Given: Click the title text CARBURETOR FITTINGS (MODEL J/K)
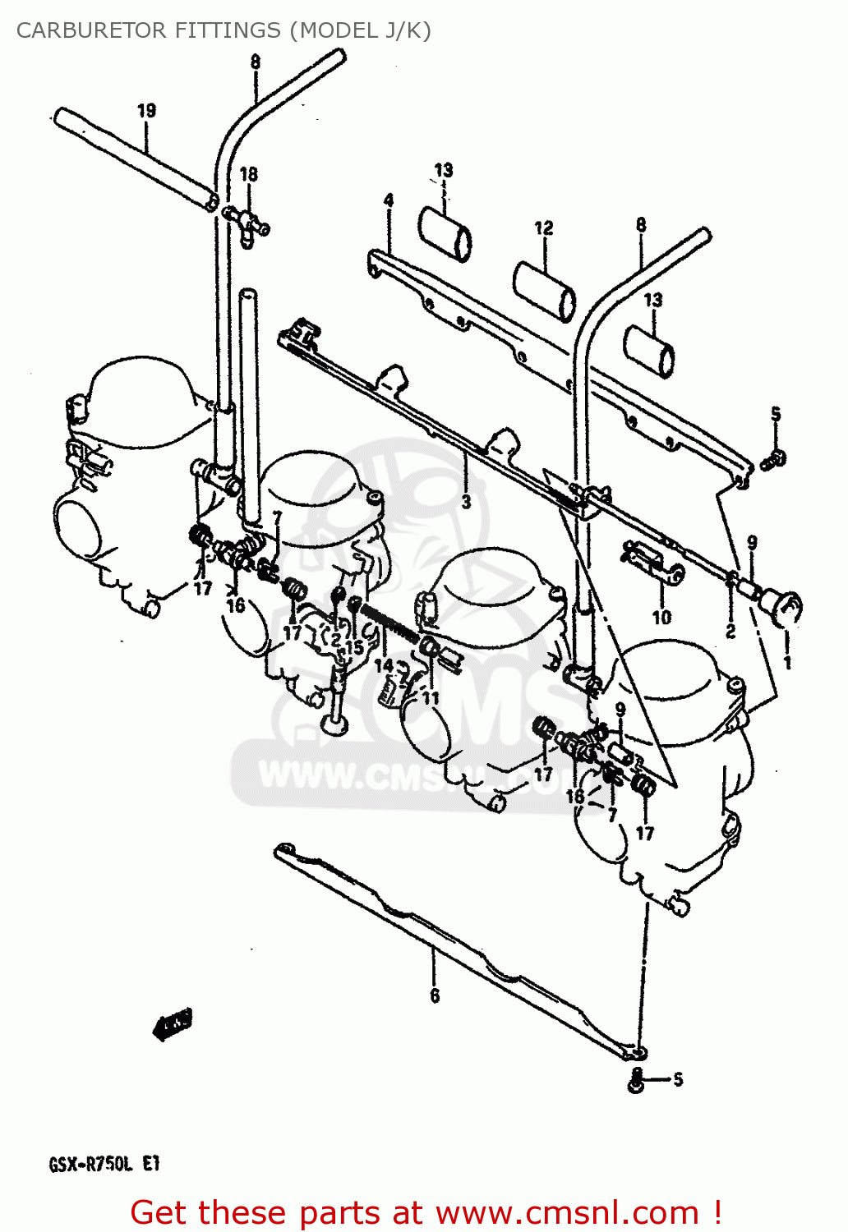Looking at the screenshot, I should pos(224,30).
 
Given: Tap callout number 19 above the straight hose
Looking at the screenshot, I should pos(146,110).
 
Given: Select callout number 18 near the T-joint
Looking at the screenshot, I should pos(248,174).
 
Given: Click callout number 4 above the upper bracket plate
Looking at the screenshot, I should pos(389,200).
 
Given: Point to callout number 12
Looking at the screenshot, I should pos(544,228).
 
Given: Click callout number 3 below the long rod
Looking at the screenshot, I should pos(466,501).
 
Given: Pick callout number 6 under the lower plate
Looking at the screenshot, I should pos(435,995).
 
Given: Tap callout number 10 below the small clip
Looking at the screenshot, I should pos(661,617).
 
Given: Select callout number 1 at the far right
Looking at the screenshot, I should pos(787,661).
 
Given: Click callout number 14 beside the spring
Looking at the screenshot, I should pos(384,664).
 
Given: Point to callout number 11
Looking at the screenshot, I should pos(431,697).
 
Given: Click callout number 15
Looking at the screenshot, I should pos(354,647).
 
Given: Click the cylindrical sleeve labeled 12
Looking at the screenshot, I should pos(545,289).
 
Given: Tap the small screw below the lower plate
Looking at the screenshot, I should pos(635,1081).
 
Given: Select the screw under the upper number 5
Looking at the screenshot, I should pos(774,459).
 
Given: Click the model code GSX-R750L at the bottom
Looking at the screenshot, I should pos(90,1164).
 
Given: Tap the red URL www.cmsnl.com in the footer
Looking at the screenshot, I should pos(567,1212).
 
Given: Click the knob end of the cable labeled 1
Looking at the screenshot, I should pos(781,609).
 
